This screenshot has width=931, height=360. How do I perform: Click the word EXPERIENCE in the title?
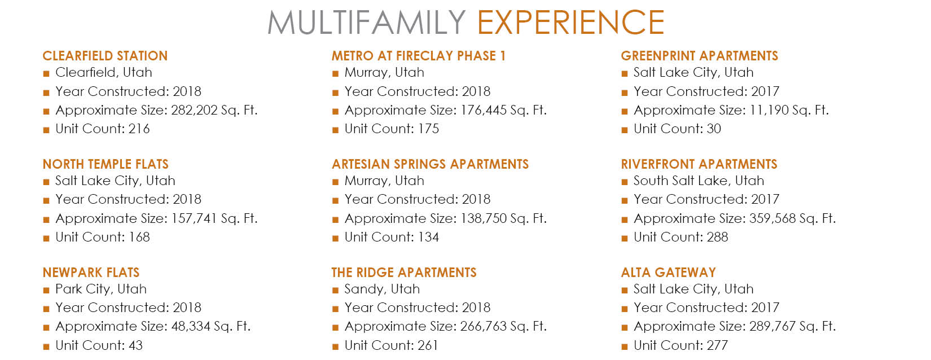[x=570, y=23]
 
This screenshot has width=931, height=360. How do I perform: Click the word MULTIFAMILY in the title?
[x=367, y=23]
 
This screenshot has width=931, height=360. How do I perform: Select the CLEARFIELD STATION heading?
[x=105, y=56]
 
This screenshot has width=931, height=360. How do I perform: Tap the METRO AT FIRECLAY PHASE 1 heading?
[x=419, y=56]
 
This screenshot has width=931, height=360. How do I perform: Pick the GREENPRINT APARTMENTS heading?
[x=700, y=56]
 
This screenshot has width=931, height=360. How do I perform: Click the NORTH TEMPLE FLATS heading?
[x=106, y=164]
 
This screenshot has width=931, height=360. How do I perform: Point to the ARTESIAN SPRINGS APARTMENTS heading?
[x=430, y=164]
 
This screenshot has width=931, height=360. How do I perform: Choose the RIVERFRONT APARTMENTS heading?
[x=699, y=164]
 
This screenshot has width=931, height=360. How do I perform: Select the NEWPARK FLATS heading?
[x=91, y=273]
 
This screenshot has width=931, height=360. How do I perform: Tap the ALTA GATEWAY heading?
[x=668, y=273]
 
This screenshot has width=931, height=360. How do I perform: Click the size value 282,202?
[x=194, y=111]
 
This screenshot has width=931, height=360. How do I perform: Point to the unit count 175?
[x=428, y=129]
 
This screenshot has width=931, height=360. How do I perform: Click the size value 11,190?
[x=769, y=111]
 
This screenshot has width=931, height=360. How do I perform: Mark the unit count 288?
[x=717, y=238]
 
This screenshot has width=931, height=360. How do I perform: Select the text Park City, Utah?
[x=101, y=289]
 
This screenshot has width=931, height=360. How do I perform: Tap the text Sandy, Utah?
[x=382, y=289]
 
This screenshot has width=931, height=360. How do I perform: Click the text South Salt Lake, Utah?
[x=699, y=181]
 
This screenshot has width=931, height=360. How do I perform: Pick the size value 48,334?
[x=191, y=327]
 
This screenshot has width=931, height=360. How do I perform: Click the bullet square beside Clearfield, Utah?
[x=46, y=74]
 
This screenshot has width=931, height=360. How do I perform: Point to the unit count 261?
[x=428, y=345]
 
